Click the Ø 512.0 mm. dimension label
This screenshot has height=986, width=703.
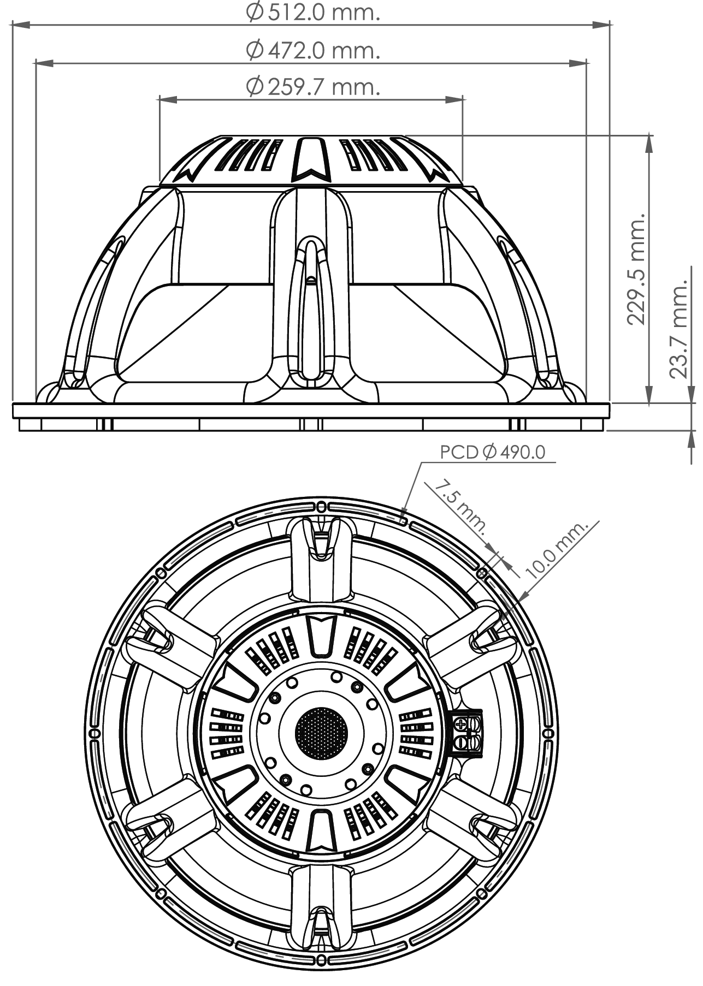tap(313, 13)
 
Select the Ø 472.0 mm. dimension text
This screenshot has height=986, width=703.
tap(313, 51)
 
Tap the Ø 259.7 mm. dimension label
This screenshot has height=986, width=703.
tap(313, 86)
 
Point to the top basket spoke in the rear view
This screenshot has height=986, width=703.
tap(321, 557)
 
